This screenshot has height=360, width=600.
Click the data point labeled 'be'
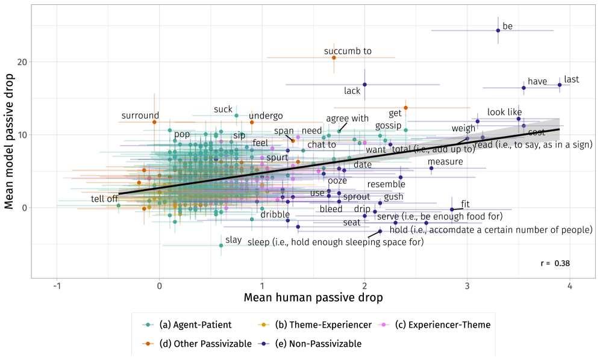(x=498, y=30)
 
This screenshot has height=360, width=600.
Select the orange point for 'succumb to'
(x=334, y=57)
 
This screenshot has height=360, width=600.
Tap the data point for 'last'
(x=560, y=85)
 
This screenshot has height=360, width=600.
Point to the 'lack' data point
(x=364, y=84)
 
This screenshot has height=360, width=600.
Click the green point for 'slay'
(x=221, y=246)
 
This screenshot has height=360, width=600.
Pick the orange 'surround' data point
(x=154, y=122)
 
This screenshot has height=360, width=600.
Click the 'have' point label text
(x=536, y=81)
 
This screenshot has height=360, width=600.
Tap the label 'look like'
(x=504, y=112)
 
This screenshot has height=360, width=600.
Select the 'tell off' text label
(x=104, y=199)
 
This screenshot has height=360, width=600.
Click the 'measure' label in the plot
(x=445, y=161)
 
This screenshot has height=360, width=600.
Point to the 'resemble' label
(x=386, y=184)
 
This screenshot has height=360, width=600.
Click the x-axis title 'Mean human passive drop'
(x=313, y=297)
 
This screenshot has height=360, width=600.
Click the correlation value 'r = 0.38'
(x=555, y=263)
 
